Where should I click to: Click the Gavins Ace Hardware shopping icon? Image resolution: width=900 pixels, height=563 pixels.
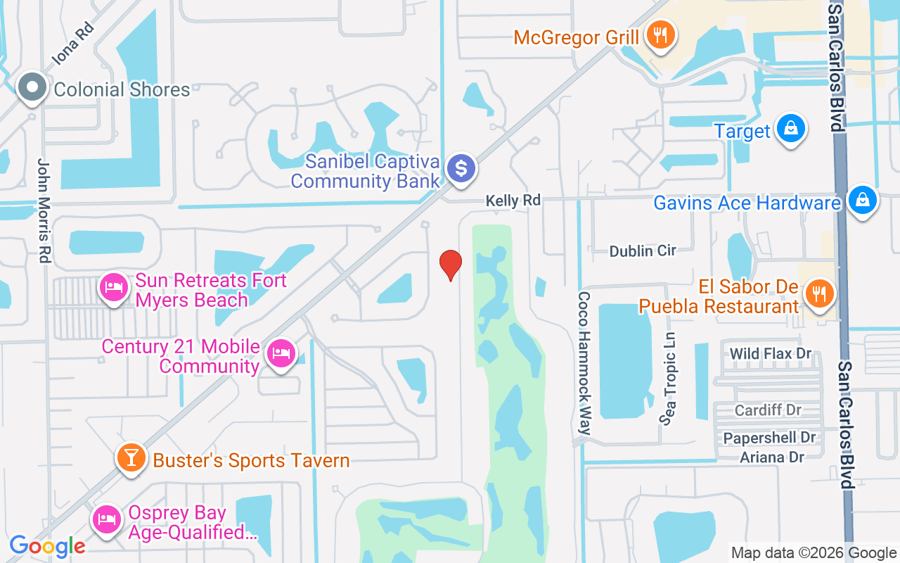[x=862, y=201]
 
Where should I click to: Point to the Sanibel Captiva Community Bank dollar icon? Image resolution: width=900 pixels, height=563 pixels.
[x=461, y=169]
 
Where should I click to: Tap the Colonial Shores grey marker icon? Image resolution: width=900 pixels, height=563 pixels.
[x=32, y=88]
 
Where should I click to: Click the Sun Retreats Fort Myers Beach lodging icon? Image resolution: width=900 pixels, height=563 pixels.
[x=113, y=287]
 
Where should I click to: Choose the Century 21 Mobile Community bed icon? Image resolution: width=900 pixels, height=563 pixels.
[x=281, y=353]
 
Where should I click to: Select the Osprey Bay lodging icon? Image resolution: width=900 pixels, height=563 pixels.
[x=107, y=520]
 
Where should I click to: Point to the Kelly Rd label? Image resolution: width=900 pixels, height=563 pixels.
[x=513, y=201]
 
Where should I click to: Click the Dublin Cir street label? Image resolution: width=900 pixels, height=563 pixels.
[x=643, y=251]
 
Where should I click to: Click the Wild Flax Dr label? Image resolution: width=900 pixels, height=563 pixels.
[x=771, y=353]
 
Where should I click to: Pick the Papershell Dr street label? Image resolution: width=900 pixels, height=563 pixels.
[x=770, y=438]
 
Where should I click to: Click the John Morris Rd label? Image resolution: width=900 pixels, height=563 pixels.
[x=44, y=210]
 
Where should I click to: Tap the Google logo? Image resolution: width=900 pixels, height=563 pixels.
[x=47, y=545]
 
